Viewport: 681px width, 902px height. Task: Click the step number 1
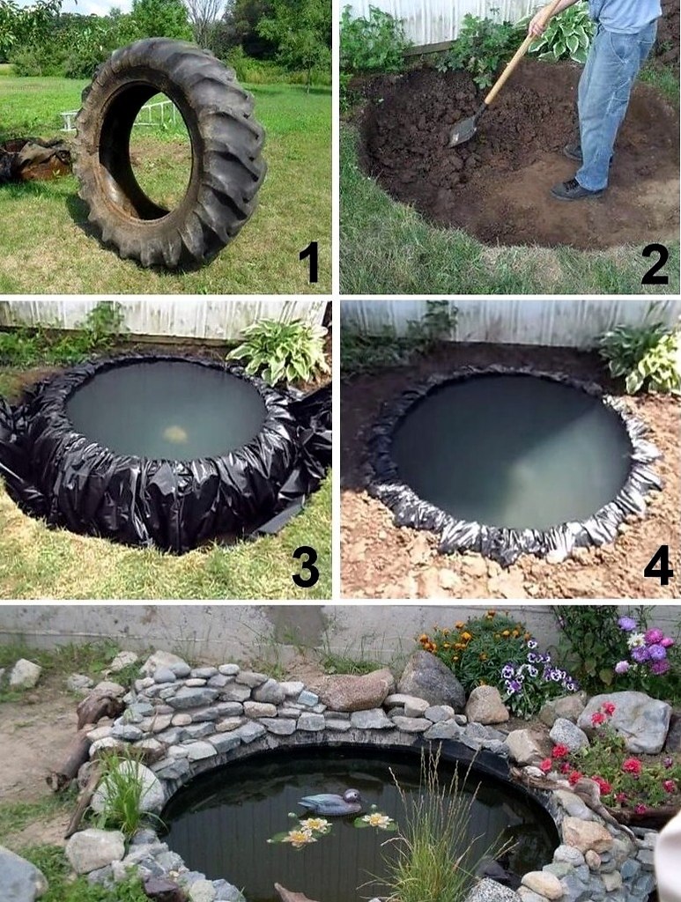pos(309,262)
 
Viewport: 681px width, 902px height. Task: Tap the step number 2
pos(655,263)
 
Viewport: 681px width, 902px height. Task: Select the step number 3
pos(306,566)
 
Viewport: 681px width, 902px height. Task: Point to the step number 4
pos(658,565)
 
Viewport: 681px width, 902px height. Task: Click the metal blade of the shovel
pos(463,131)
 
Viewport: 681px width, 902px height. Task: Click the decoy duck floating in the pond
pos(331,802)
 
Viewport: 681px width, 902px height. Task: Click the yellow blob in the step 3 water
pos(175,433)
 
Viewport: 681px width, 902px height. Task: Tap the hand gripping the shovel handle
pos(539,22)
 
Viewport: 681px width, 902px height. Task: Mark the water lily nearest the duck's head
pos(377,820)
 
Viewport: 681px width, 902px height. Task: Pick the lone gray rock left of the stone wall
pos(25,674)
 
